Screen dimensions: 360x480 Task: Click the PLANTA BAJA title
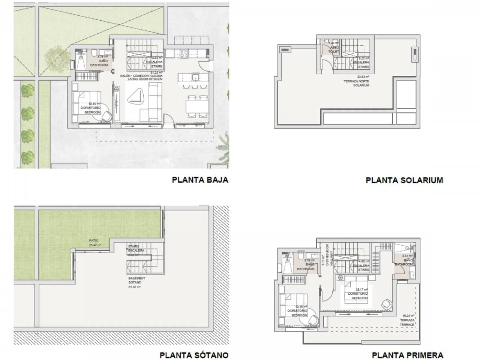(x=200, y=180)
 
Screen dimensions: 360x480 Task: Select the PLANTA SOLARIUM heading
(x=404, y=180)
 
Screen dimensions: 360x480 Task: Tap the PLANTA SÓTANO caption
(x=194, y=355)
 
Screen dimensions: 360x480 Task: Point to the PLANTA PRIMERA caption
(x=407, y=355)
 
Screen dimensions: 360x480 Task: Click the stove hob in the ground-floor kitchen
(x=184, y=54)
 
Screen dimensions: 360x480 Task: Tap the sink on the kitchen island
(x=195, y=78)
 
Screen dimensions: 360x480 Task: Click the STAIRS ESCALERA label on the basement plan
(x=133, y=250)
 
